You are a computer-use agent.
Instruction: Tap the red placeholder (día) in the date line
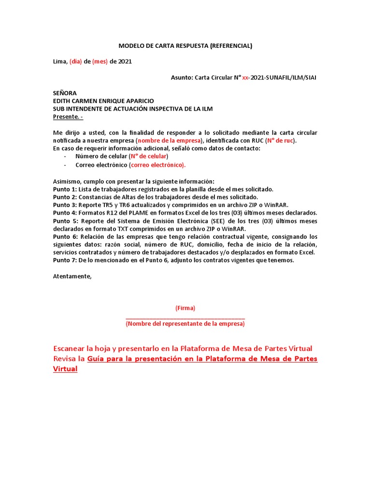(76, 61)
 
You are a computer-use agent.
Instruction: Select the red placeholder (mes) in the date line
(100, 61)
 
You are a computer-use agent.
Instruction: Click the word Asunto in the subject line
(181, 77)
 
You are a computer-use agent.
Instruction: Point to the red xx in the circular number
(245, 77)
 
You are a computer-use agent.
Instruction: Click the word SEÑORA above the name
(65, 93)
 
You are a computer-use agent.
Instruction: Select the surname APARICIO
(137, 101)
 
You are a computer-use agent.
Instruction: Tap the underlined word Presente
(66, 116)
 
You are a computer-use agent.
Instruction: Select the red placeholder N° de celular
(148, 156)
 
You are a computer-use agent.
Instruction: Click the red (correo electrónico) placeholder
(157, 164)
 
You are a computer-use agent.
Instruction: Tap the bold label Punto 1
(64, 189)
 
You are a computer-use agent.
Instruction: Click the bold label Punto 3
(64, 204)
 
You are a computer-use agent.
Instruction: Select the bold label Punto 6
(64, 236)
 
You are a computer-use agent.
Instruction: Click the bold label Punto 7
(64, 260)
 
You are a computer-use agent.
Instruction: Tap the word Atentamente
(72, 276)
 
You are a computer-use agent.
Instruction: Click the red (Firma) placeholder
(185, 308)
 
